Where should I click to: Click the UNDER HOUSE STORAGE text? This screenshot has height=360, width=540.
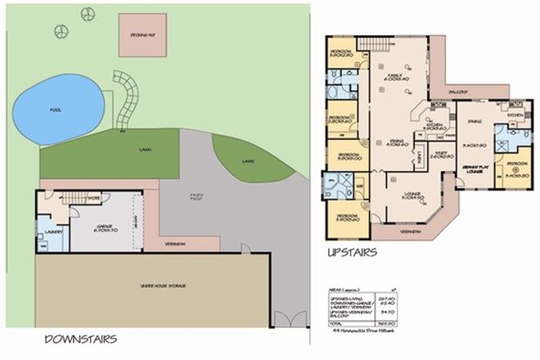[x=153, y=285]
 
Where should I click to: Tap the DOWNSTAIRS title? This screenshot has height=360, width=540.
[x=81, y=339]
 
